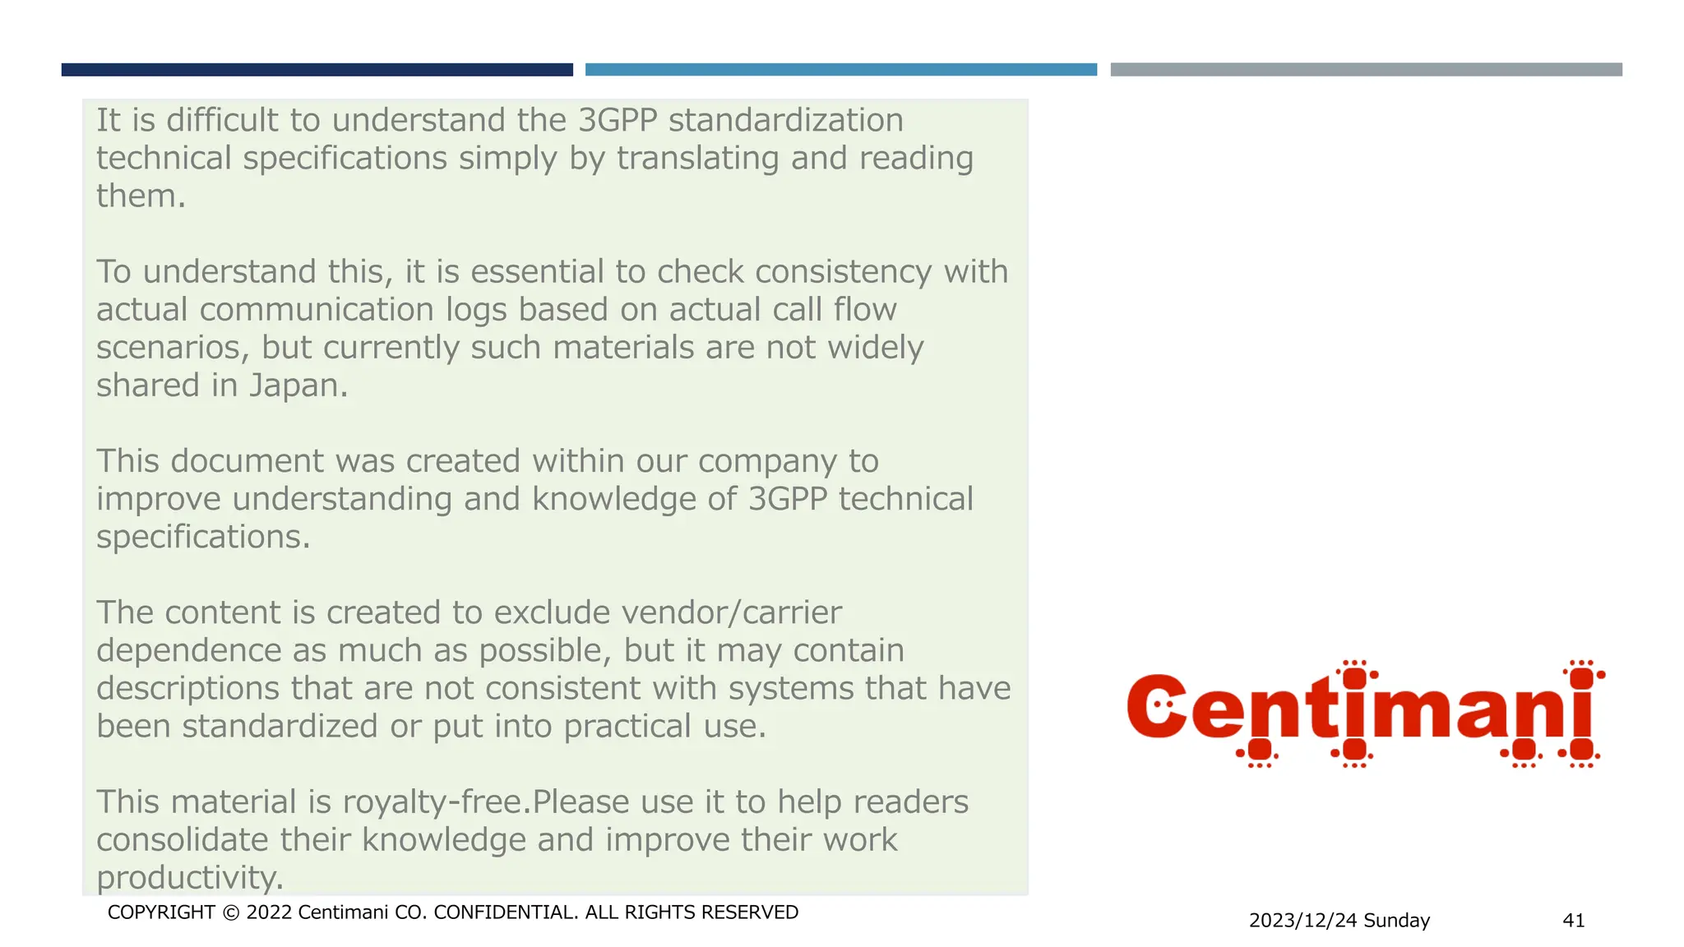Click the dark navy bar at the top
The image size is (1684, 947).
click(317, 70)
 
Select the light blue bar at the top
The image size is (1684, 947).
click(840, 70)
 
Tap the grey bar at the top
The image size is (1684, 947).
click(1366, 70)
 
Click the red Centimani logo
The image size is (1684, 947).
click(1365, 711)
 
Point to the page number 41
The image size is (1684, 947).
click(1573, 921)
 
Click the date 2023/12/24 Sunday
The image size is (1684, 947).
click(1339, 921)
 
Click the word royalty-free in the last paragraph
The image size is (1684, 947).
click(433, 802)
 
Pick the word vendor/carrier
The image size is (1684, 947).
click(731, 613)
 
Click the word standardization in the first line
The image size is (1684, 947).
click(785, 121)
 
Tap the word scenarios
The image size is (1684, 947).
click(169, 349)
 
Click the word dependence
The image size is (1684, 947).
click(188, 651)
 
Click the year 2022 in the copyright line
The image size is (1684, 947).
click(269, 912)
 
